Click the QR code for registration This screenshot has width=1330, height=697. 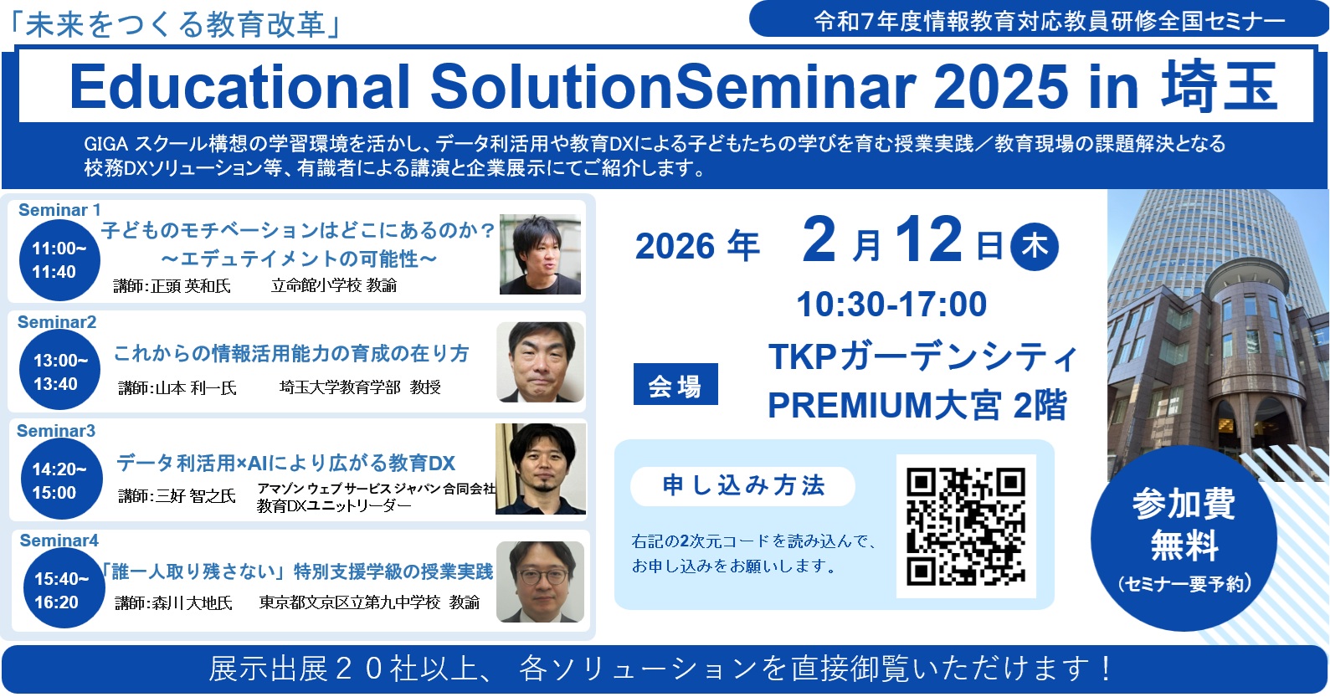[965, 526]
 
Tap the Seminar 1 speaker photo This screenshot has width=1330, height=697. [540, 255]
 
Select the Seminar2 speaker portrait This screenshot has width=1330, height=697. [540, 361]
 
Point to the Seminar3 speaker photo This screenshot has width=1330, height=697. [540, 469]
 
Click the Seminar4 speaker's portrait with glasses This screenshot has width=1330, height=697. [540, 582]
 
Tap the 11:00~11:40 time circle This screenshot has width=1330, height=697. [59, 260]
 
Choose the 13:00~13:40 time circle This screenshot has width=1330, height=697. [60, 372]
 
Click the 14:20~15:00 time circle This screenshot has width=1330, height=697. [60, 481]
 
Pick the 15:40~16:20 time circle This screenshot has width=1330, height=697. [63, 590]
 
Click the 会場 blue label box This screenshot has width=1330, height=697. [675, 385]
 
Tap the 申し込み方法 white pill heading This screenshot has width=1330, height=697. [742, 486]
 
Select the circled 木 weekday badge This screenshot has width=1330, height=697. [1035, 246]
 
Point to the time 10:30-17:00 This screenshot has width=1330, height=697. [891, 305]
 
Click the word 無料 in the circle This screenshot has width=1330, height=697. [1184, 546]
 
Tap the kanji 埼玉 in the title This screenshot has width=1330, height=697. [1219, 87]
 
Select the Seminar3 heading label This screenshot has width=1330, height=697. [56, 431]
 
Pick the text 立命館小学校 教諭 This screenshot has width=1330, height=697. [334, 286]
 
